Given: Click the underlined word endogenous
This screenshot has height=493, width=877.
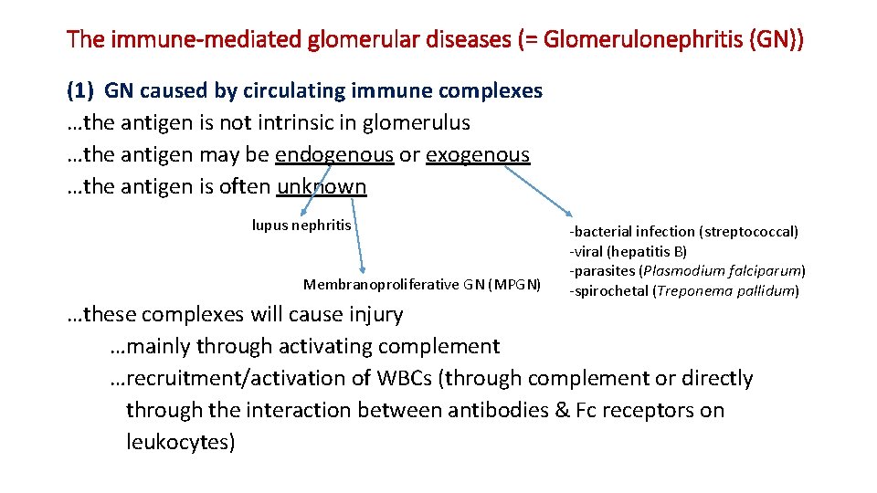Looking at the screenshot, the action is coord(333,154).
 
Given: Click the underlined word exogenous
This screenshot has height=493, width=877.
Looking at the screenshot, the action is coord(478,154).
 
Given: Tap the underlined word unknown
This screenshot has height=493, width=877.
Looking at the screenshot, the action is coord(322,186).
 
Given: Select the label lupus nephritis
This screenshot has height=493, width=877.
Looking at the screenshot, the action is coord(301,225).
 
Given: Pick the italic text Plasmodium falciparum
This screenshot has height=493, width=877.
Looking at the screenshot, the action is coord(723,271).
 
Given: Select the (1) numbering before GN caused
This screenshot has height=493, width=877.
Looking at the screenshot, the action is coord(82,90).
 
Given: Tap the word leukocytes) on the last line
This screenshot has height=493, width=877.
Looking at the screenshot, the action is coord(181,442).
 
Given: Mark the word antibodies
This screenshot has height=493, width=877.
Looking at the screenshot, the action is coord(497,410).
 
